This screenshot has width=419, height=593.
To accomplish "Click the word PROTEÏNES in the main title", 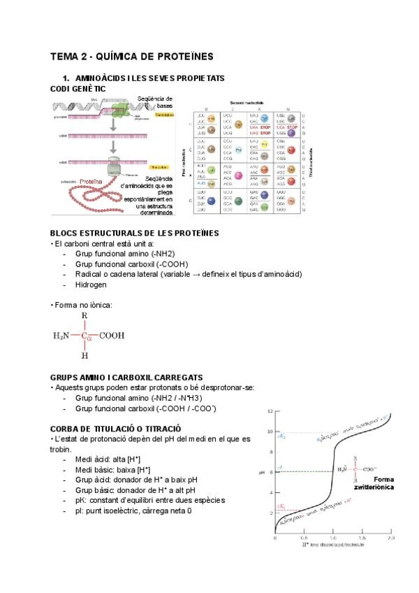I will tap(182, 56).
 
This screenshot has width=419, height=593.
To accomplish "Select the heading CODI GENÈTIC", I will tap(78, 89).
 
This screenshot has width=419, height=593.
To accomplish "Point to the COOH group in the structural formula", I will tap(112, 336).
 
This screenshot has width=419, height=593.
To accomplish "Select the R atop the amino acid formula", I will tap(84, 316).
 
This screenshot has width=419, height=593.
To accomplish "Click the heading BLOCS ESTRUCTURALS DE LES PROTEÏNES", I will tap(135, 233).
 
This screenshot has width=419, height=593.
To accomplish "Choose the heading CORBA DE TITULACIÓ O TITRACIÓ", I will tap(116, 428).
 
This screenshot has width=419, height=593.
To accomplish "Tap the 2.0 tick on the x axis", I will tap(390, 540).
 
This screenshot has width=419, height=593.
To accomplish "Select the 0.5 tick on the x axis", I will tap(304, 540).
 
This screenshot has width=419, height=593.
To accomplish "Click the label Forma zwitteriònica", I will tap(379, 483).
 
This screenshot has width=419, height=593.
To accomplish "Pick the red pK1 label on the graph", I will tap(281, 506).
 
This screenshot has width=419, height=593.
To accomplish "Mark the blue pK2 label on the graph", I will tap(281, 436).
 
